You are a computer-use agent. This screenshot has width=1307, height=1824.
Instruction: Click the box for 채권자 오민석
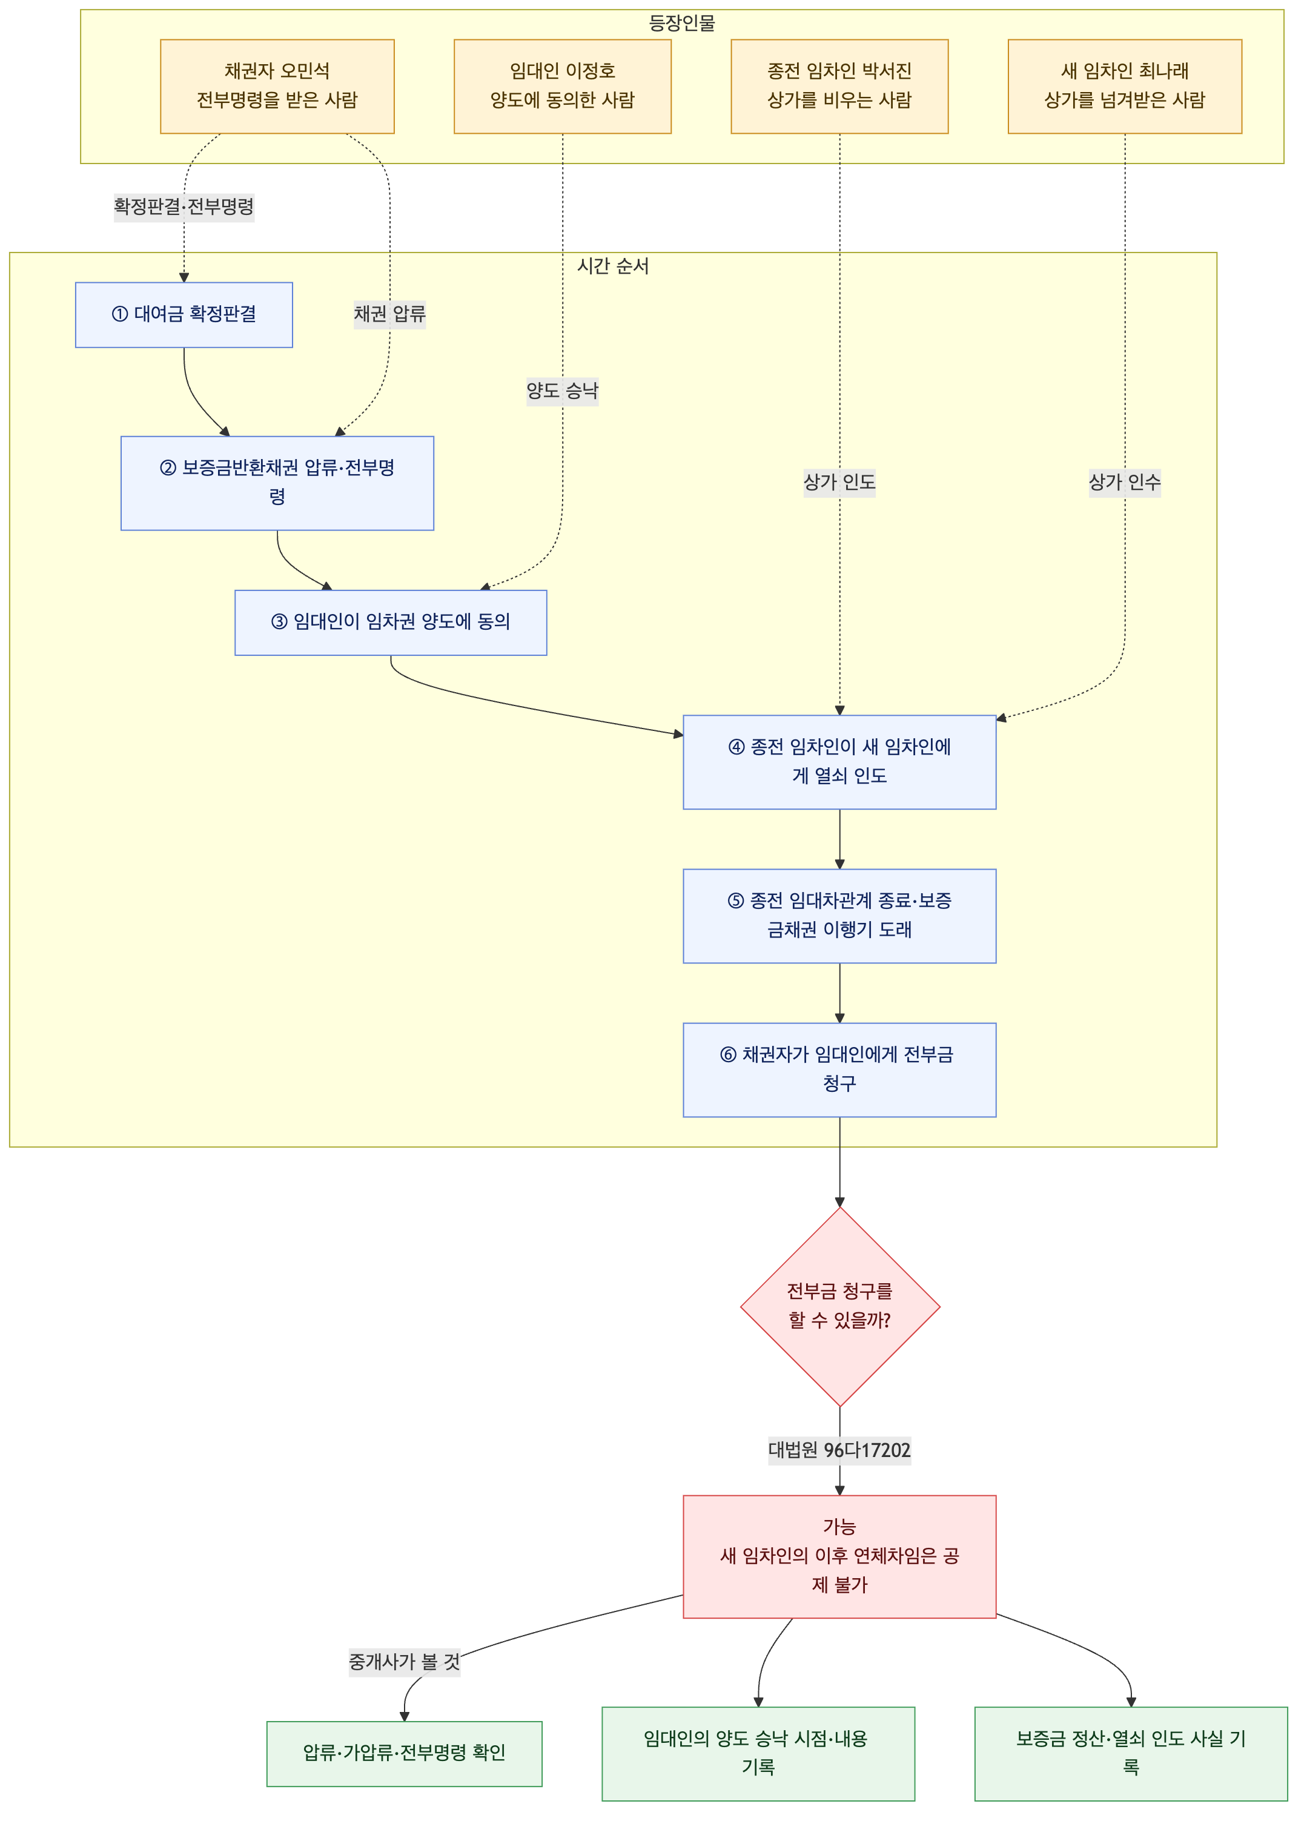point(277,86)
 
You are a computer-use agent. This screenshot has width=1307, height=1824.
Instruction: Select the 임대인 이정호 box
point(562,86)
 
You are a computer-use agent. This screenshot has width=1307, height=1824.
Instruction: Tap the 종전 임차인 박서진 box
point(839,86)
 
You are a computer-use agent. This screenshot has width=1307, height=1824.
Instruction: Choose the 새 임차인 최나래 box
point(1125,86)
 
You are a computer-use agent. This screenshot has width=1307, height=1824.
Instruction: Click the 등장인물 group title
point(682,22)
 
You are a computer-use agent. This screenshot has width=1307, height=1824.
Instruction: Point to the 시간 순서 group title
point(613,265)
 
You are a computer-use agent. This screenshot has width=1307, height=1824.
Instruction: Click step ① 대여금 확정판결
point(184,314)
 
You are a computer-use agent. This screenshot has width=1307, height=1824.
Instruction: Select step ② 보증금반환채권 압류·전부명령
point(277,483)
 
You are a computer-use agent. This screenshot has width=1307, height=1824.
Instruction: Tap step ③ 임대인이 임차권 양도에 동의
point(391,622)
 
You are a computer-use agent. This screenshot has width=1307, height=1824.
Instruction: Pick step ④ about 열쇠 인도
point(839,762)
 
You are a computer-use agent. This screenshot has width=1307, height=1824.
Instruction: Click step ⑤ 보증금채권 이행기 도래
point(839,915)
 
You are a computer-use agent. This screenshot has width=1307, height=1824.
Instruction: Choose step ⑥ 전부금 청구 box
point(839,1069)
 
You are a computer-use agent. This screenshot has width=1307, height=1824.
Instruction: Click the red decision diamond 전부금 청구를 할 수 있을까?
point(839,1306)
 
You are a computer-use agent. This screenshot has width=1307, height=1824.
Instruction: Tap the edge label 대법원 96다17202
point(839,1450)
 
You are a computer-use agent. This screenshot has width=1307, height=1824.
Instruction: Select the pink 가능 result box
point(839,1556)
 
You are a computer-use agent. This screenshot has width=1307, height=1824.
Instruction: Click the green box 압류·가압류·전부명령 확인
point(405,1753)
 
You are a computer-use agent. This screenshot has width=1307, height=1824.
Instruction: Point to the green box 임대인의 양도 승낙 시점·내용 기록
point(758,1753)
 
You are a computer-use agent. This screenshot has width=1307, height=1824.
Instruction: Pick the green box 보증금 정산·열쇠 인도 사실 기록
point(1131,1753)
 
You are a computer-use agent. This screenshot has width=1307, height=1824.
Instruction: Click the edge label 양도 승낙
point(562,391)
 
